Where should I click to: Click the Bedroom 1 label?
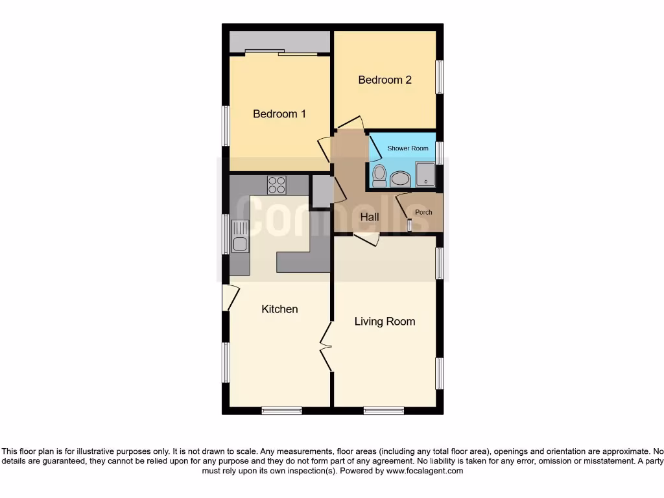coord(279,114)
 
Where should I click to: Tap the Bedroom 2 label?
coord(385,80)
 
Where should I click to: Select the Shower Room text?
coord(408,148)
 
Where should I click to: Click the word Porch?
coord(423,213)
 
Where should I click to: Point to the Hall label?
coord(370,217)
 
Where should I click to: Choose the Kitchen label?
coord(279,309)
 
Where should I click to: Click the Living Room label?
coord(385,322)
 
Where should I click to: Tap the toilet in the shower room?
coord(379,175)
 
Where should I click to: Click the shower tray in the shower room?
coord(425,174)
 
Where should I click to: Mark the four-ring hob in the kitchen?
coord(277,185)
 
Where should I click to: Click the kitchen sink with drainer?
coord(239,237)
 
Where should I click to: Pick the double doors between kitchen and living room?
coord(326,348)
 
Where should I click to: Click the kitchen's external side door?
coord(226,298)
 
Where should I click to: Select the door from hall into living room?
coord(366,240)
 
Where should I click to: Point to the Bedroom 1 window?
coord(226,125)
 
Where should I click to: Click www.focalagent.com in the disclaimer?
coord(424,471)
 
